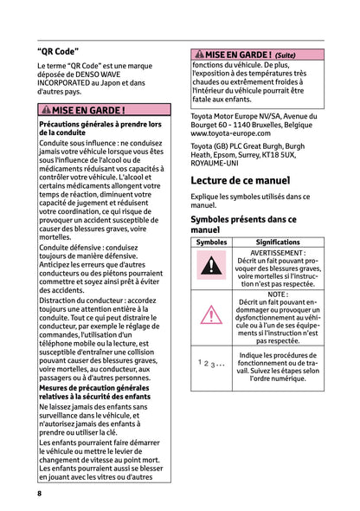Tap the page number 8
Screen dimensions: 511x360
[40, 493]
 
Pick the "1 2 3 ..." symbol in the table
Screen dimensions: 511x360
[210, 365]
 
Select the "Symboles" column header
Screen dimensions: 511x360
[211, 243]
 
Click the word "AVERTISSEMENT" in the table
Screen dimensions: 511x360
[276, 253]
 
